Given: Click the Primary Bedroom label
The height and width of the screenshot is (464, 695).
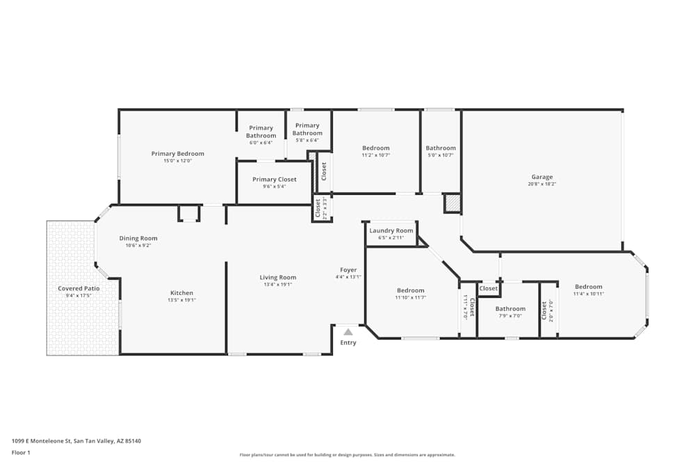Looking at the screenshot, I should tap(178, 154).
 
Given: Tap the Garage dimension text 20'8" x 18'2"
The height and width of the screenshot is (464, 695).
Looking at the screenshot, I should tap(542, 184).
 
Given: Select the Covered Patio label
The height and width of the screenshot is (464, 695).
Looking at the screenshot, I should tap(79, 289).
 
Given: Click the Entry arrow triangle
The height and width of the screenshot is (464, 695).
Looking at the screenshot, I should tap(348, 332).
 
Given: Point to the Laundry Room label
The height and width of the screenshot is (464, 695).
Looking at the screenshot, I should tap(391, 231).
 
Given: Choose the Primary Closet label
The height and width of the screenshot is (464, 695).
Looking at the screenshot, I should tap(274, 179).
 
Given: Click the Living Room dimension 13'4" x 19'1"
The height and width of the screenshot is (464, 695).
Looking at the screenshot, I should tap(278, 285).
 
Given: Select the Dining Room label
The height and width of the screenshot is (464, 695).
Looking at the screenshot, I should tap(138, 238).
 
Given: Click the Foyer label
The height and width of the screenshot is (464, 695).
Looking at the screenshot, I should tap(348, 270).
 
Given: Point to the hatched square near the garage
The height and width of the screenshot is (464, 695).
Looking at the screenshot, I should tap(452, 203).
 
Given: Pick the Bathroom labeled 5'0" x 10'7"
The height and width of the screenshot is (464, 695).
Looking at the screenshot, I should tap(441, 148).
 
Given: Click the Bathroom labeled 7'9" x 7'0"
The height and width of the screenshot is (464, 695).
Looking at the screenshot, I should tap(510, 309).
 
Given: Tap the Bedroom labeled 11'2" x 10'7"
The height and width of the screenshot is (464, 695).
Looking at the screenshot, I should tap(376, 148).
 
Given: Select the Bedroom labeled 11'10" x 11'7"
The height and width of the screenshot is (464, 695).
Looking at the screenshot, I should tap(411, 291).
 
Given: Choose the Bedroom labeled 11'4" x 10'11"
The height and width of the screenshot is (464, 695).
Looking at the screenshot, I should tap(588, 287).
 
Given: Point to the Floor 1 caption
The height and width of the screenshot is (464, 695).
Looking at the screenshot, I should tap(21, 452).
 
